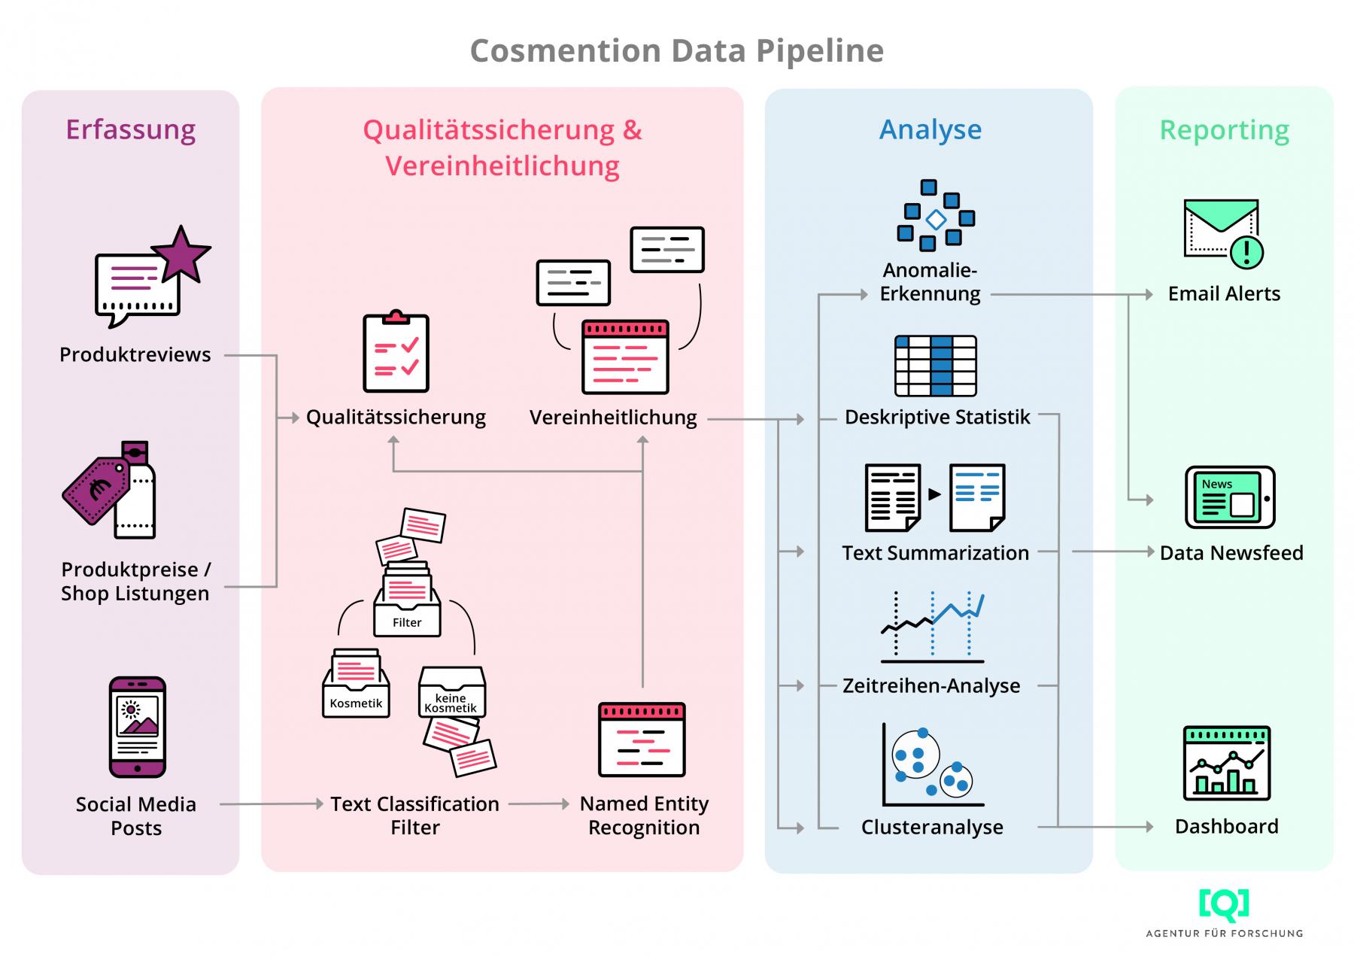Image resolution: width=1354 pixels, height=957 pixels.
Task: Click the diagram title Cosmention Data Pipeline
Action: [x=676, y=51]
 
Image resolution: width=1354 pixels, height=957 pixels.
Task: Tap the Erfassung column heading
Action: [x=130, y=129]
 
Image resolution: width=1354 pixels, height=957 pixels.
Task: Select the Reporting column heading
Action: [x=1224, y=130]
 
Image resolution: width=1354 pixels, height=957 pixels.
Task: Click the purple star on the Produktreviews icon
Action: [x=181, y=254]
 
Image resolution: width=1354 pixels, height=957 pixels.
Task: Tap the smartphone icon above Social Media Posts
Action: [x=137, y=727]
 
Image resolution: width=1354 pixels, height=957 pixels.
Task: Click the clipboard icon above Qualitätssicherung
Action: [x=396, y=352]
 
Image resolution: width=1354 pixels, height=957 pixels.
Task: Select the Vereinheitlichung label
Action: [x=613, y=417]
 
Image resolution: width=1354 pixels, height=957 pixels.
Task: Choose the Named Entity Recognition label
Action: [x=644, y=816]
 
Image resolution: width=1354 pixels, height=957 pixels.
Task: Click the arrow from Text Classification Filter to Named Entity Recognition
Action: [x=539, y=804]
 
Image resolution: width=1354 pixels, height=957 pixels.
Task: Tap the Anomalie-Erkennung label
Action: [x=930, y=282]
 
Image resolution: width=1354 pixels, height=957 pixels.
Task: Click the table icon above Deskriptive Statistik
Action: [x=935, y=366]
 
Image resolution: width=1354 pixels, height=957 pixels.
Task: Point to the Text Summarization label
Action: [x=935, y=553]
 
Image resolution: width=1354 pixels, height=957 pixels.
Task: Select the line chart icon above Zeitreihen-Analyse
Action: [x=932, y=627]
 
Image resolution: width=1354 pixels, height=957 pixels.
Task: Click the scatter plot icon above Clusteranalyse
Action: [x=931, y=764]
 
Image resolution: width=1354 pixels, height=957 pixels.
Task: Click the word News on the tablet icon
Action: [x=1216, y=484]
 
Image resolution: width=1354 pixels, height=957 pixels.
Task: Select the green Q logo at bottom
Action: [x=1224, y=905]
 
